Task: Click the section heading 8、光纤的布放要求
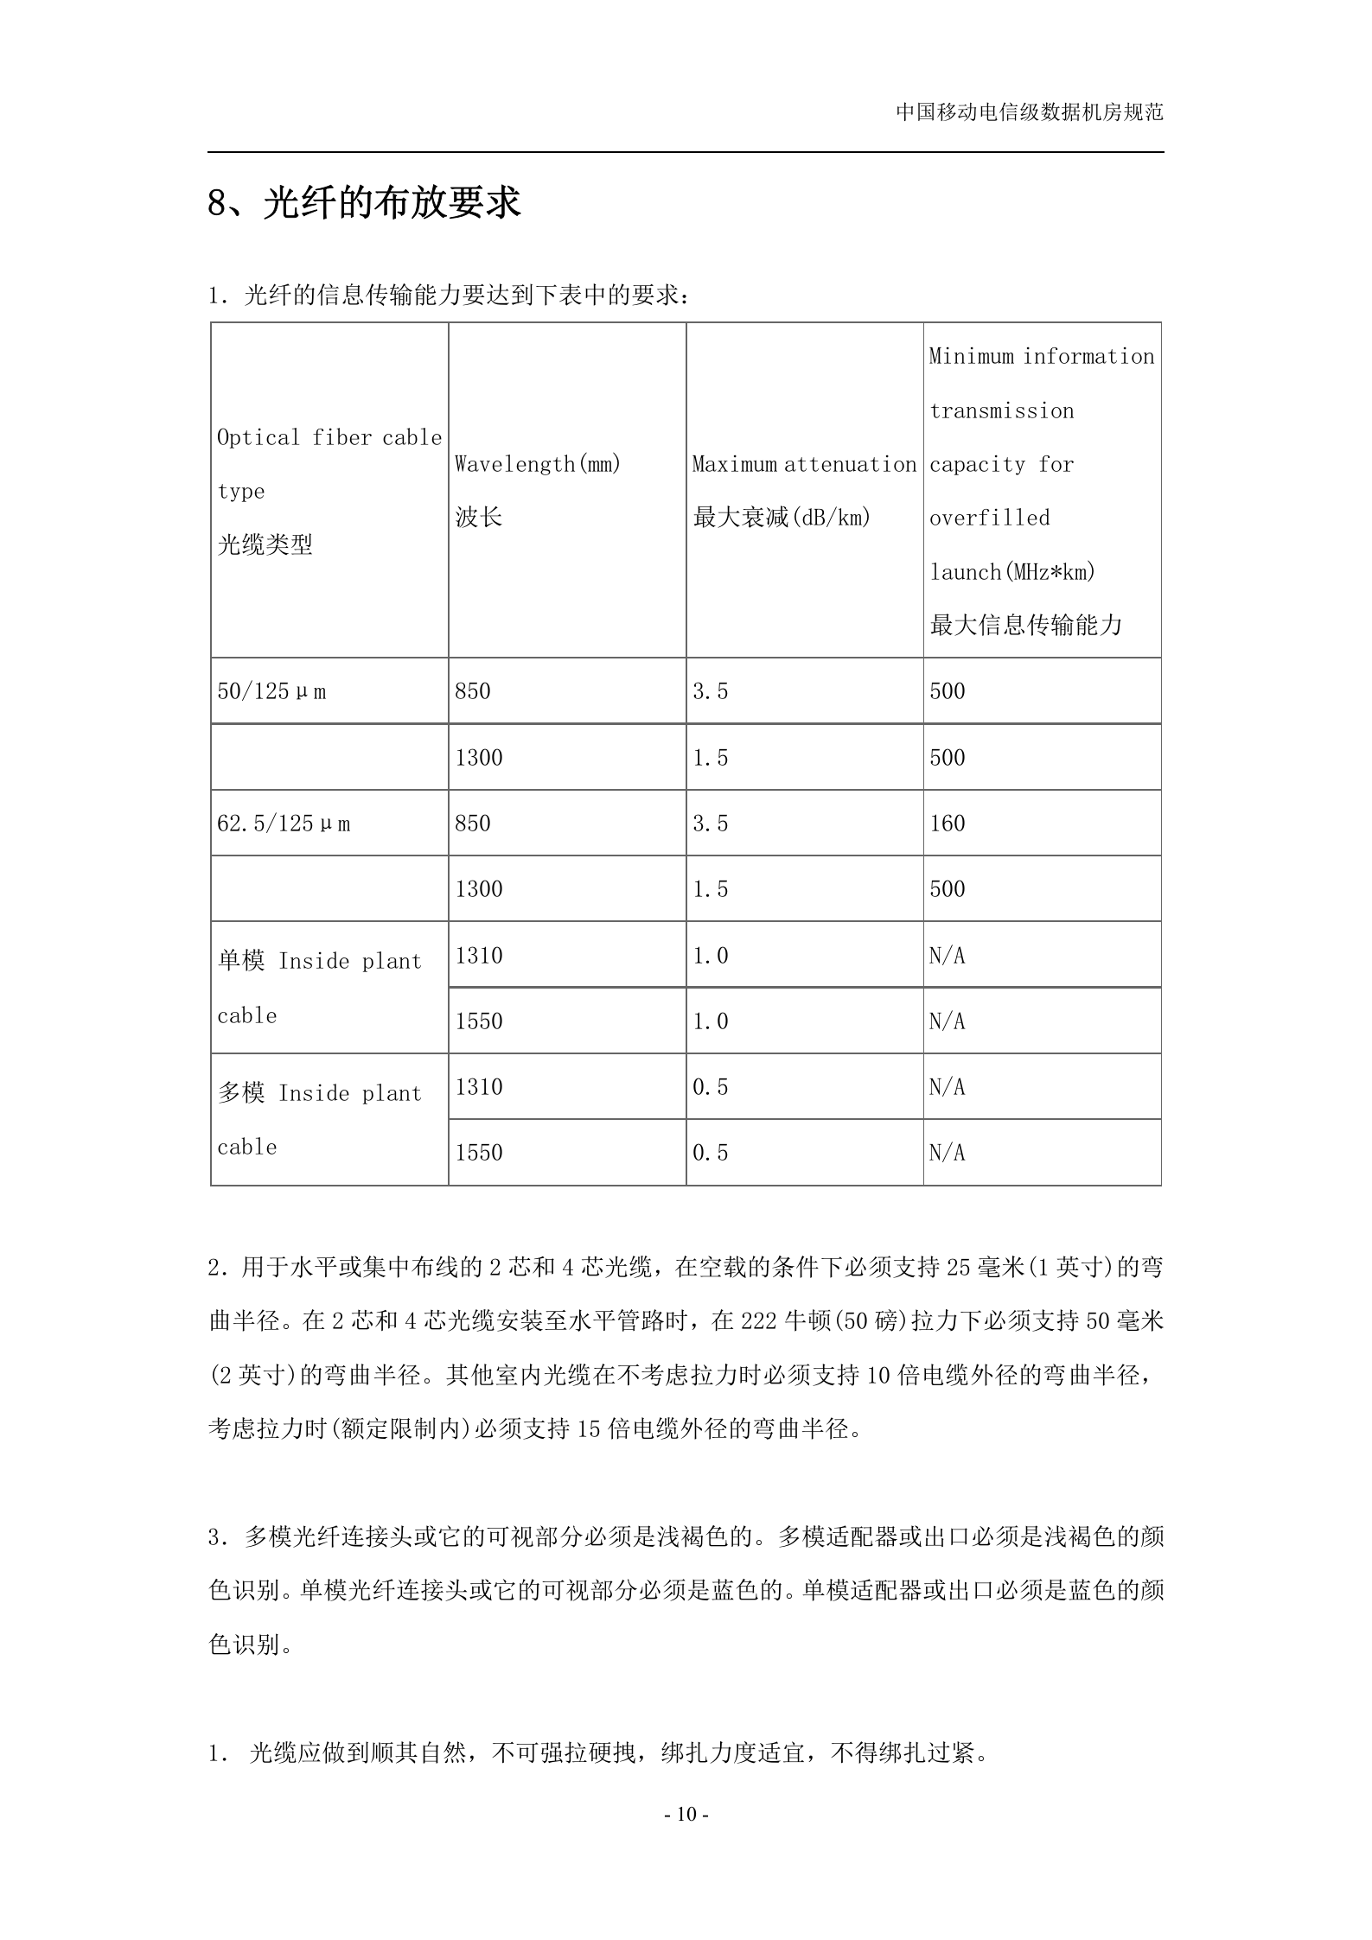pos(364,204)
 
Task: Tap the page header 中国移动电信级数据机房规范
pos(1029,112)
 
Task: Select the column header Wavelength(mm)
pos(538,464)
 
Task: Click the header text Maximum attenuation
pos(804,464)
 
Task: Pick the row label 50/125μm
pos(271,691)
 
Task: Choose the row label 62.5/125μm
pos(284,824)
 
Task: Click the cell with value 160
pos(947,824)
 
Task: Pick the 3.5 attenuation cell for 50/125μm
pos(711,691)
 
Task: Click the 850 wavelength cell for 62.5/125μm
pos(473,824)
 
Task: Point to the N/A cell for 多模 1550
pos(947,1153)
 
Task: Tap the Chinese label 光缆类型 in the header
pos(265,544)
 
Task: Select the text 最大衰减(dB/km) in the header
pos(782,518)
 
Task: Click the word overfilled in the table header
pos(989,518)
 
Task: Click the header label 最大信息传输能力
pos(1025,625)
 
